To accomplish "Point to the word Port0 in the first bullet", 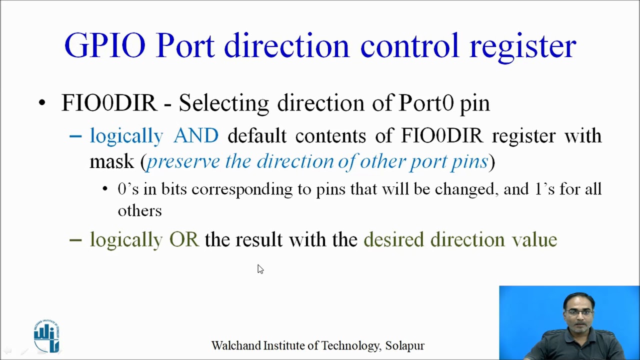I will tap(426, 103).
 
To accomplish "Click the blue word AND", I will tap(196, 136).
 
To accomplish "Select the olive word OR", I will tap(184, 240).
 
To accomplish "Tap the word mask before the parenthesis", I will tap(112, 162).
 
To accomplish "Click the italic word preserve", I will tap(182, 162).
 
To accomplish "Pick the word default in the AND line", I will tap(257, 136).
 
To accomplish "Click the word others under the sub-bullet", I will tap(139, 211).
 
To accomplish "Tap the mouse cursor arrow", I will tap(260, 269).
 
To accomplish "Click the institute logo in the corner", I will tap(46, 336).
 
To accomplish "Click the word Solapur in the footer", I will tap(404, 346).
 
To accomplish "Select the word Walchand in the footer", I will tap(232, 346).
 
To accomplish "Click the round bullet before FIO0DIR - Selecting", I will tap(42, 103).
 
